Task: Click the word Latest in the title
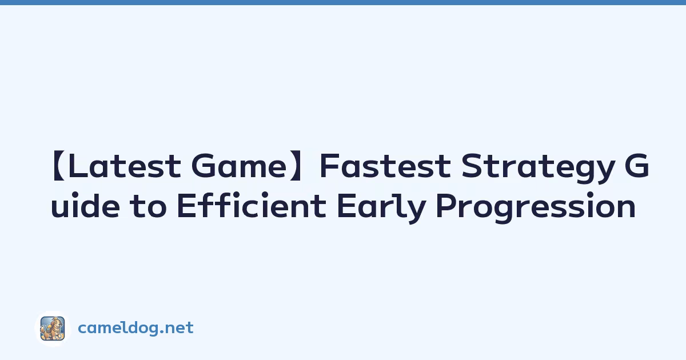(125, 166)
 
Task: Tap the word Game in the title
(239, 166)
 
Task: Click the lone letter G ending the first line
(637, 166)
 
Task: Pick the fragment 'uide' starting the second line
(85, 205)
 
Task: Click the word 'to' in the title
(148, 206)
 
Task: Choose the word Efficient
(252, 205)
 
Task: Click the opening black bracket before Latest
(58, 166)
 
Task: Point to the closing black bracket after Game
(296, 166)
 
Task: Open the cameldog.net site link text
(135, 328)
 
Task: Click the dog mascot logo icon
(53, 329)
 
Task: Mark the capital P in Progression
(448, 205)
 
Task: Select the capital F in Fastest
(330, 166)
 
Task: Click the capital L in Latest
(77, 166)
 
